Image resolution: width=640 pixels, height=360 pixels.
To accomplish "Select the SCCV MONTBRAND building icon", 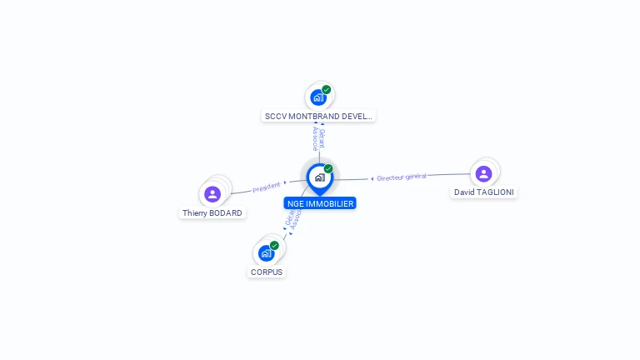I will click(x=317, y=97).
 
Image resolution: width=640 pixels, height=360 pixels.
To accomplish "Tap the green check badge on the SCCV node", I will click(x=327, y=89).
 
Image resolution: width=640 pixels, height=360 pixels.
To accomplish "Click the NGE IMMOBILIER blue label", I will click(x=319, y=203).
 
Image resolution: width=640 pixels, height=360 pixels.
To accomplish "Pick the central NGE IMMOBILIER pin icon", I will click(x=319, y=177).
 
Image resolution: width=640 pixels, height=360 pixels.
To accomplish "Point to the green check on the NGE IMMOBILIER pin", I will click(x=328, y=169).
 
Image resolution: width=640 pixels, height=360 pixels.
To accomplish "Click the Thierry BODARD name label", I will click(x=212, y=213).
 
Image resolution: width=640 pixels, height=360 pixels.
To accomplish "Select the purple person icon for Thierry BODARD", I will click(x=212, y=194).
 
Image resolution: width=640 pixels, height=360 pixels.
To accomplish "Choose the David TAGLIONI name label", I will click(x=484, y=192).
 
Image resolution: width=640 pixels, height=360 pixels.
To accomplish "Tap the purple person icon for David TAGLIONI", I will click(x=483, y=173).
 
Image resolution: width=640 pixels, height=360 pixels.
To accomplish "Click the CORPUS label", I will click(x=267, y=272).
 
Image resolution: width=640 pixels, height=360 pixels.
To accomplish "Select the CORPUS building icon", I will click(x=266, y=252).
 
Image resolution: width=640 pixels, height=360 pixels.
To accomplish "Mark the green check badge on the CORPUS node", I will click(x=274, y=245).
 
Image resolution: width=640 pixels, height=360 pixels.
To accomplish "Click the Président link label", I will click(x=267, y=187).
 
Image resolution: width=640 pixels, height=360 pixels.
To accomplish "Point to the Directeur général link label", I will click(x=402, y=177).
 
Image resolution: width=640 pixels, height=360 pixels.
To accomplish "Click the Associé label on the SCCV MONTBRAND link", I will click(x=315, y=138).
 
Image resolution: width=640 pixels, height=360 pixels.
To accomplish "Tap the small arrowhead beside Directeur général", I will click(x=372, y=178).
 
